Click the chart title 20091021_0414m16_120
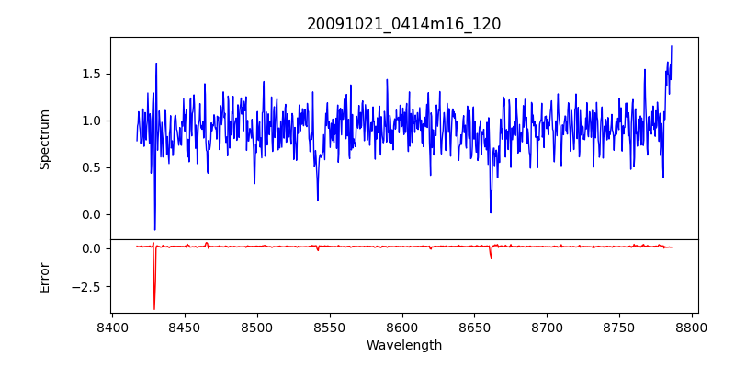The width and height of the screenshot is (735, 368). [403, 24]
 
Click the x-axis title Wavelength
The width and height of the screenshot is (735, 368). [403, 345]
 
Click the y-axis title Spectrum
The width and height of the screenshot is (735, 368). [44, 139]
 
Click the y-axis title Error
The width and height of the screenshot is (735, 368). [44, 277]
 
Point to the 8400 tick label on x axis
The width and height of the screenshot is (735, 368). [112, 327]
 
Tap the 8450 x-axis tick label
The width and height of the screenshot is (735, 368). [185, 327]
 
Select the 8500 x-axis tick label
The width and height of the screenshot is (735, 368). [257, 327]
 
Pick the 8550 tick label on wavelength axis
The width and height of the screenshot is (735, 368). [330, 327]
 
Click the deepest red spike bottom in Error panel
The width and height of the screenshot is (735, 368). [154, 309]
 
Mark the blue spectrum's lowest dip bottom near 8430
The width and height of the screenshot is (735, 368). [154, 229]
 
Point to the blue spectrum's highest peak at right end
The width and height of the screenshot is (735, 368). [672, 46]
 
